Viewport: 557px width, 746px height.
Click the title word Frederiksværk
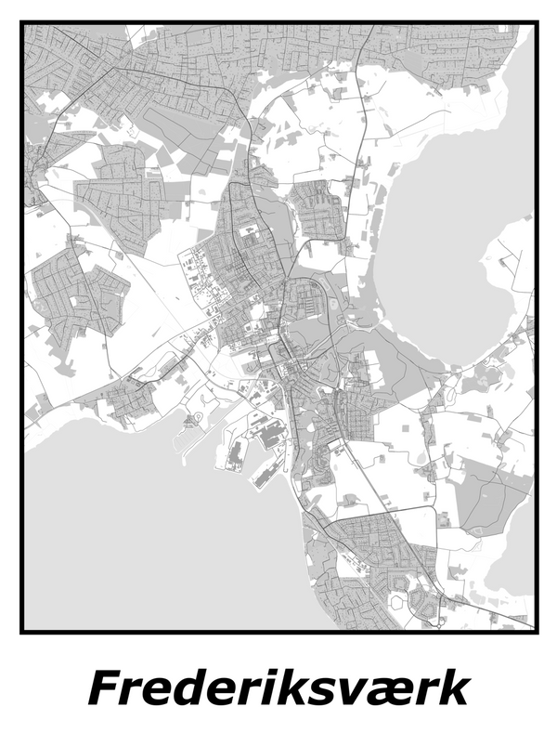pyautogui.click(x=278, y=690)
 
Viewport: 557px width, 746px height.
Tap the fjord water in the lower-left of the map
pyautogui.click(x=139, y=539)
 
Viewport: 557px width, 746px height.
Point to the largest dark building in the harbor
pyautogui.click(x=273, y=434)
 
